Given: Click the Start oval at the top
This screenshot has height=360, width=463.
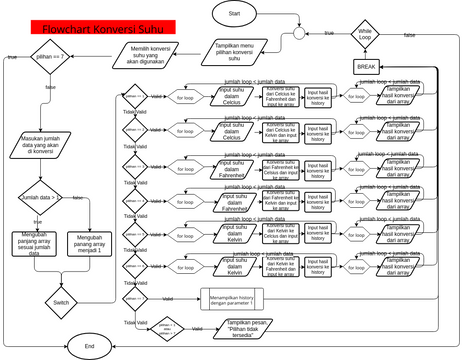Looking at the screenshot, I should click(x=234, y=14).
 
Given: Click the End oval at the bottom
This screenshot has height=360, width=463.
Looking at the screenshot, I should click(x=90, y=345).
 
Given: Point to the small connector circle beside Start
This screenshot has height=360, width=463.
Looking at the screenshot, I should click(x=297, y=34).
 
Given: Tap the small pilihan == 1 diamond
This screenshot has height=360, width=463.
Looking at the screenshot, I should click(x=134, y=98).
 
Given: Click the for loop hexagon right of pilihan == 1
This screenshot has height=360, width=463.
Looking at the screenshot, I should click(x=186, y=98).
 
